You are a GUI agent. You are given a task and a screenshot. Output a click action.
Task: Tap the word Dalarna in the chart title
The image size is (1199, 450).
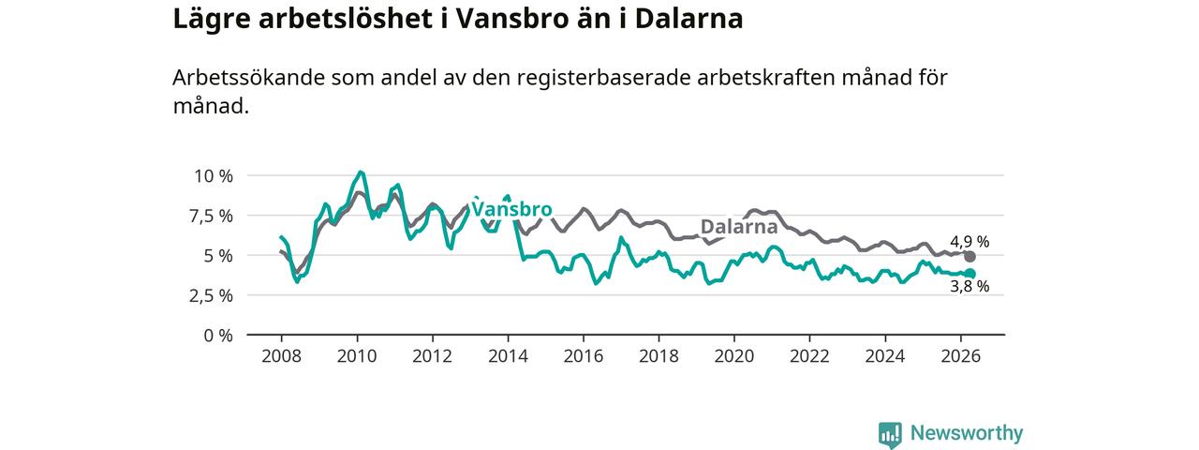click(688, 19)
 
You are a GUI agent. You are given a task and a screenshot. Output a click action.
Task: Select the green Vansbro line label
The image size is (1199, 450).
click(511, 208)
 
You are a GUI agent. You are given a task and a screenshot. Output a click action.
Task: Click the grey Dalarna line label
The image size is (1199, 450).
click(739, 227)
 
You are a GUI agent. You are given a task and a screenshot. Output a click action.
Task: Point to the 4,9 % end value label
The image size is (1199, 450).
click(970, 242)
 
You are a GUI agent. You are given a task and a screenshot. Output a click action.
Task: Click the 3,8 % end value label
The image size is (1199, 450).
click(970, 287)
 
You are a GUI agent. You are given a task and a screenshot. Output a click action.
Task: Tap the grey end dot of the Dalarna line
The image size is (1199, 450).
click(970, 257)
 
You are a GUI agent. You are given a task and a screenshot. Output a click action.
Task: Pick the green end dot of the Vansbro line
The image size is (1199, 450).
click(970, 274)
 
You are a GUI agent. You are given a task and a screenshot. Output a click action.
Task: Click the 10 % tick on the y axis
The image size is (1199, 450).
click(214, 176)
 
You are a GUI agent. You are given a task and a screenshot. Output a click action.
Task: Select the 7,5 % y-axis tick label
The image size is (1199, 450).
click(212, 217)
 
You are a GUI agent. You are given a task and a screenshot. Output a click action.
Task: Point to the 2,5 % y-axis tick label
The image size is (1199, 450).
click(212, 295)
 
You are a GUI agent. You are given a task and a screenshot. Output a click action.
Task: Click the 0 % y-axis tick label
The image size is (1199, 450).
click(218, 336)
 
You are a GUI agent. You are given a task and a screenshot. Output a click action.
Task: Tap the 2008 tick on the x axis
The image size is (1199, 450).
click(282, 356)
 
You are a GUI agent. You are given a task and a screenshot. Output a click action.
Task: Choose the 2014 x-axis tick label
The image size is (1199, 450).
click(508, 356)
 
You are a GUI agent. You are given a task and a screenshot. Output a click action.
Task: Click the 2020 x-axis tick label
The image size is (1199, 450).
click(734, 356)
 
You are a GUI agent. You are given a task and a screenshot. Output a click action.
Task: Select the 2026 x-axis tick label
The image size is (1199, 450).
click(961, 356)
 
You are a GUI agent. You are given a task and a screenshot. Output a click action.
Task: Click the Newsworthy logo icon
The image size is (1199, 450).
click(890, 434)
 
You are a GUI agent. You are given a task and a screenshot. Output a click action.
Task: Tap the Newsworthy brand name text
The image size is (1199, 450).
click(967, 433)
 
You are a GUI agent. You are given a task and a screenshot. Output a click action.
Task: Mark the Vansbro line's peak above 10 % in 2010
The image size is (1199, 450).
click(361, 172)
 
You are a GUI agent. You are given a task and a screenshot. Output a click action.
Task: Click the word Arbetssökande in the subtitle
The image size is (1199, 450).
click(249, 78)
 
